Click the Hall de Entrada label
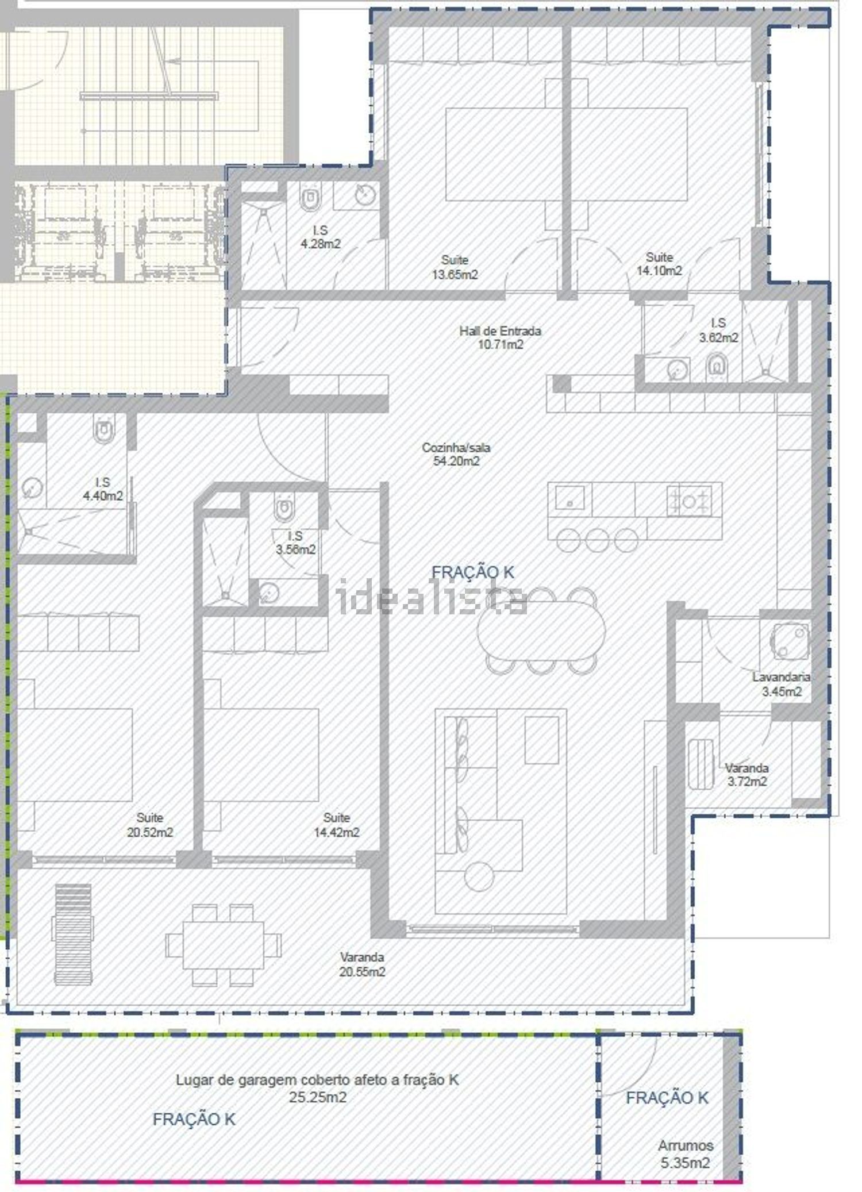coord(500,331)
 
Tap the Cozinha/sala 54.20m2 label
coord(456,454)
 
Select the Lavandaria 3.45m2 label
coord(782,684)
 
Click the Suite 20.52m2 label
coord(150,825)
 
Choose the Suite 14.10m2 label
coord(659,264)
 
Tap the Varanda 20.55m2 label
coord(362,964)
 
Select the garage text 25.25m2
coord(318,1097)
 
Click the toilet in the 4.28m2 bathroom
coord(310,198)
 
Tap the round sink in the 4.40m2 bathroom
coord(32,488)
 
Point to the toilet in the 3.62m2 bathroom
coord(717,366)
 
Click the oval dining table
coord(541,629)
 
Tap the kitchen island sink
coord(569,498)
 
